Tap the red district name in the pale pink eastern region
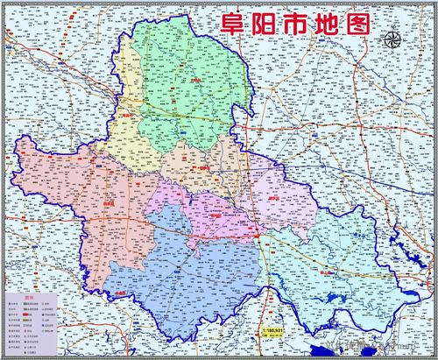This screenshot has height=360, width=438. tap(275, 200)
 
